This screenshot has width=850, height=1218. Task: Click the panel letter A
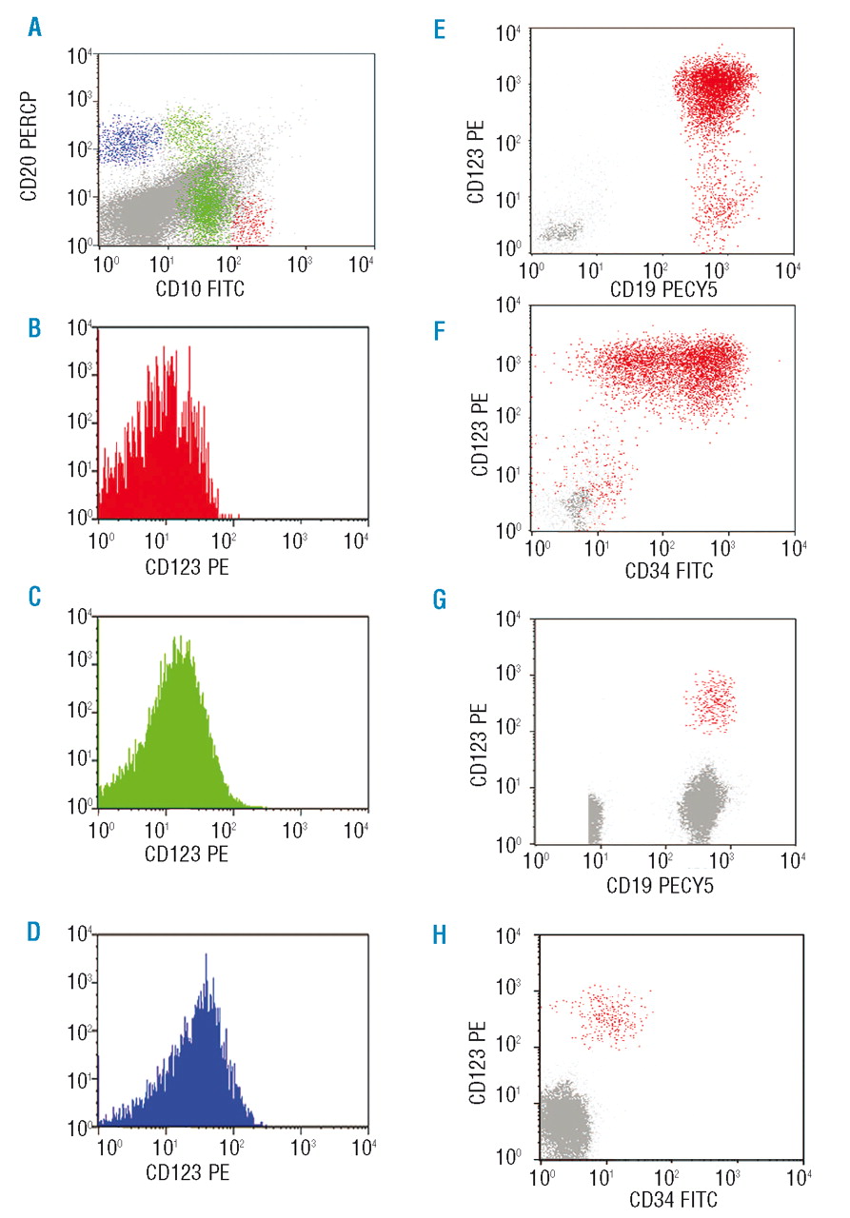click(34, 29)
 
